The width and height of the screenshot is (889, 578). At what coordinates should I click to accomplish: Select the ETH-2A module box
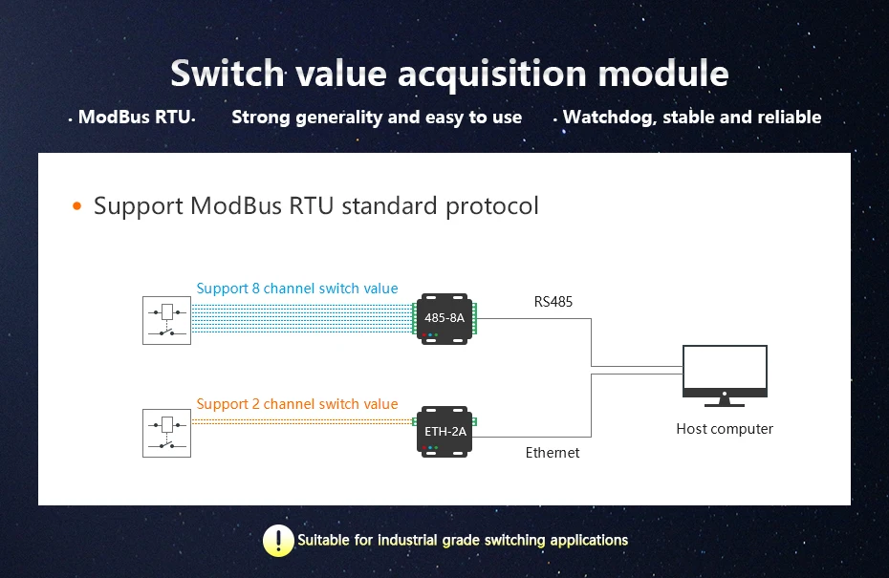point(444,432)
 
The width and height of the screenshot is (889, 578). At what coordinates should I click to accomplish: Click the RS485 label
point(553,303)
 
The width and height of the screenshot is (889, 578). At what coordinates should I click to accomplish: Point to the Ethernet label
point(553,453)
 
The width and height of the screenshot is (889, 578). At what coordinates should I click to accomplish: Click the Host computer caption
point(725,429)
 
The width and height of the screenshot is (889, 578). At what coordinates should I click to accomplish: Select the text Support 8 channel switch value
point(297,289)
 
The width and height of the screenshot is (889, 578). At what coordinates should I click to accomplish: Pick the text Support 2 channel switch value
point(297,404)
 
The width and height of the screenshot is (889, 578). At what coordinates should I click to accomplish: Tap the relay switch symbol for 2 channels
point(167,433)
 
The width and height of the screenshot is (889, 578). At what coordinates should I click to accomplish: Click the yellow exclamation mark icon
point(278,541)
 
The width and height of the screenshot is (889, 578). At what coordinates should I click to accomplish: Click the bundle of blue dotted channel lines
point(301,318)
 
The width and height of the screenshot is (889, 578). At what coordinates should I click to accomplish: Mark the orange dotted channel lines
point(301,420)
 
